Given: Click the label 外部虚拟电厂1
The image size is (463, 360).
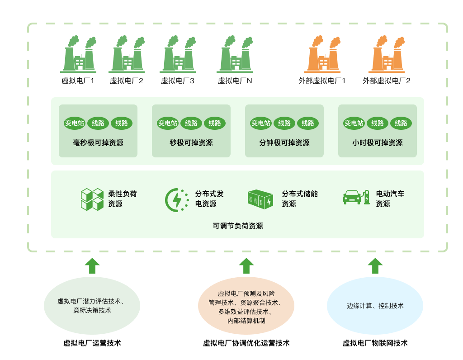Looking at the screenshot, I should (322, 81).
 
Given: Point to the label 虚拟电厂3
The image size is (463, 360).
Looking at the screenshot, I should (178, 81).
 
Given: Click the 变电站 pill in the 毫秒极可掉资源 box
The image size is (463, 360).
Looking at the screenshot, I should (75, 123).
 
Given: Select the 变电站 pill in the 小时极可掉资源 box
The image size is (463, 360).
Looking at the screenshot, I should (354, 123).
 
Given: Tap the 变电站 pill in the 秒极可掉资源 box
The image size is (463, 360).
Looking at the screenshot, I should (168, 123).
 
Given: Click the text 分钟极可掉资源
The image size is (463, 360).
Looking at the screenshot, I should (284, 143).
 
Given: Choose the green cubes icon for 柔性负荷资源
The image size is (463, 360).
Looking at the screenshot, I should (92, 199).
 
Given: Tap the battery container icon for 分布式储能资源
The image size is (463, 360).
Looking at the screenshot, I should (260, 199).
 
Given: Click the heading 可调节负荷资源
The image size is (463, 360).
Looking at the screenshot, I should (238, 226).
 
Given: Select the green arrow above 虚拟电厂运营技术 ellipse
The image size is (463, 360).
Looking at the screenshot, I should (92, 265).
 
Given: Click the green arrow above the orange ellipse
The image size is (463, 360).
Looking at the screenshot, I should (246, 265).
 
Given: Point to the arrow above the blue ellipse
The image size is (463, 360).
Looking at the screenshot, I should (375, 265).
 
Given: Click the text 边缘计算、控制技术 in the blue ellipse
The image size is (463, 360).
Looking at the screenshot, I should (375, 306).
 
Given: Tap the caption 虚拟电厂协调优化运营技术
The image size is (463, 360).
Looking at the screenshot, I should (246, 343).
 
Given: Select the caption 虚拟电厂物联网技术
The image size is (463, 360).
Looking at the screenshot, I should (375, 343).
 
